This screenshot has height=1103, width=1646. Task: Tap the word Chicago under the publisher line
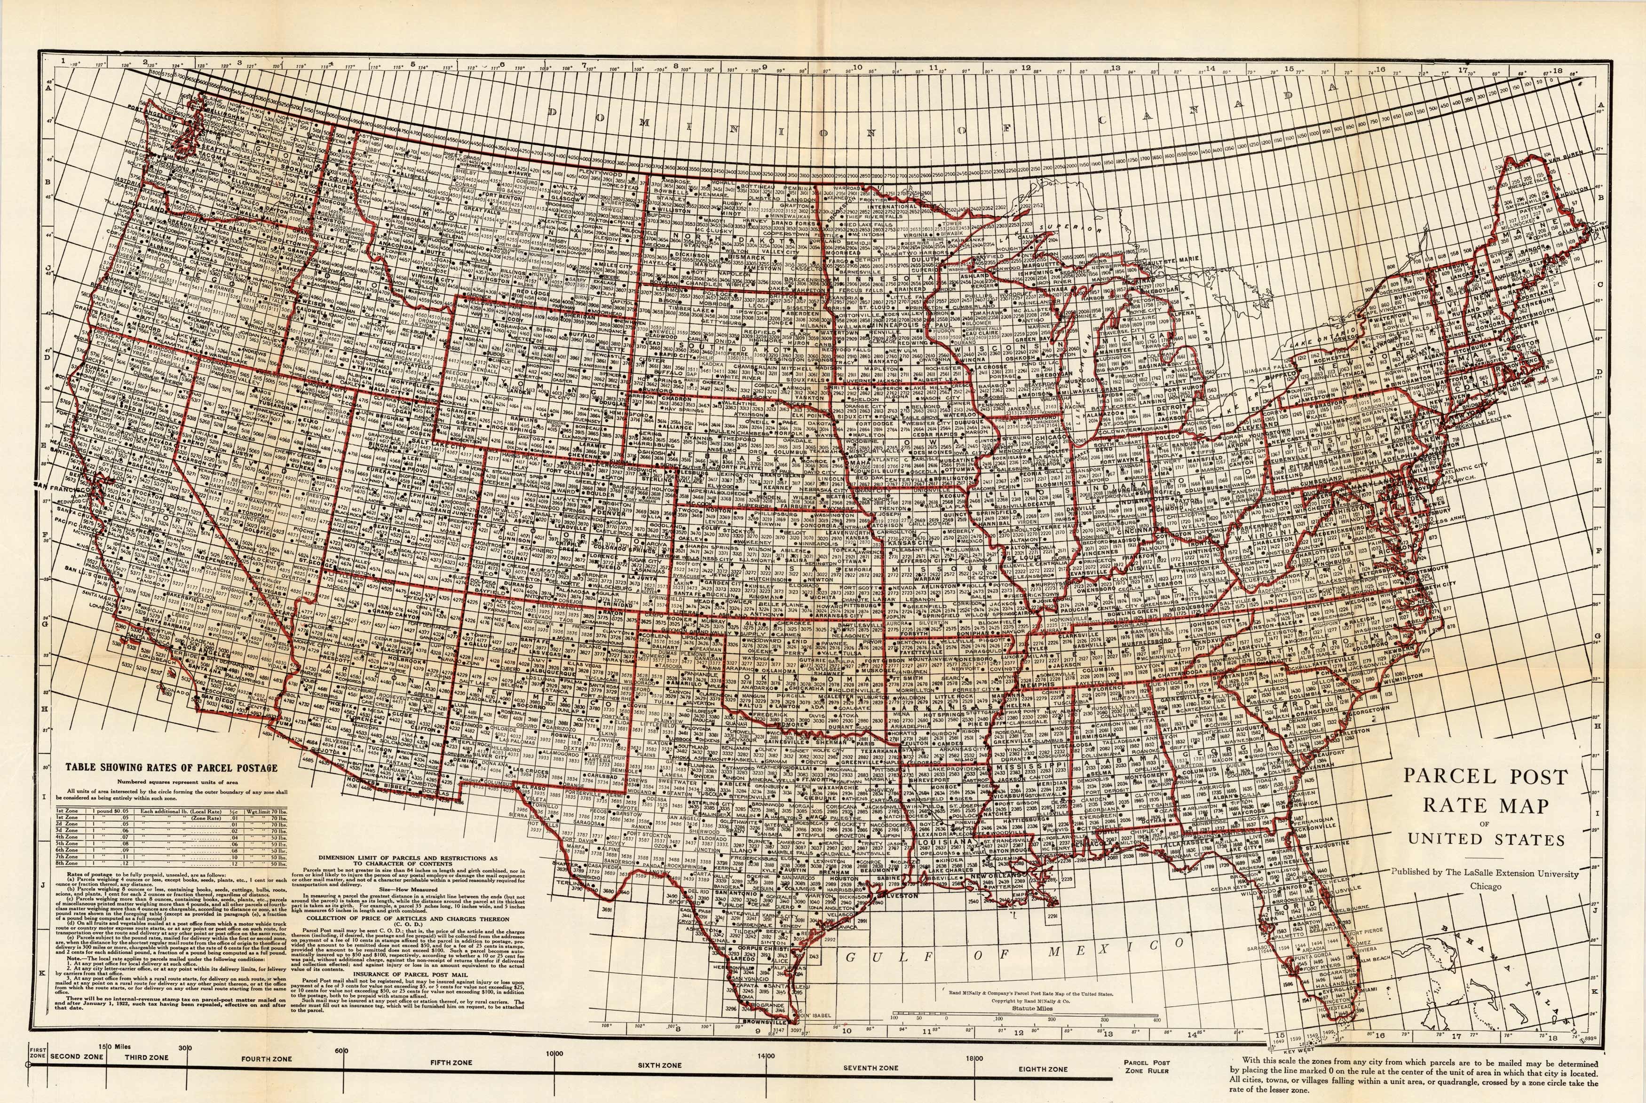[x=1485, y=886]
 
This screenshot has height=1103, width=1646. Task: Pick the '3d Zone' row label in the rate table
[x=68, y=830]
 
